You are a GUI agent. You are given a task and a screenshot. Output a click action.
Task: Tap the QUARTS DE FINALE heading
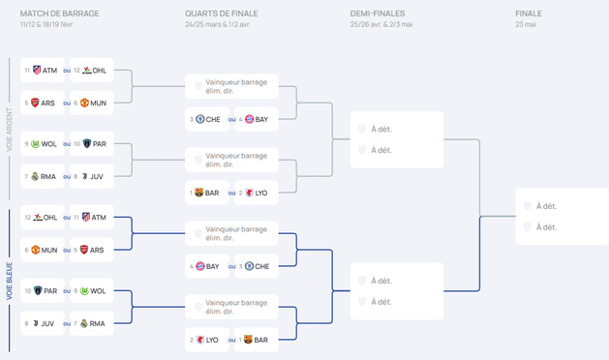tap(222, 14)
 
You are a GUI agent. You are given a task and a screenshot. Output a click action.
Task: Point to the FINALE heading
tap(530, 14)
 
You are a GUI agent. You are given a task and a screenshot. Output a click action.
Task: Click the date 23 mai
tap(527, 24)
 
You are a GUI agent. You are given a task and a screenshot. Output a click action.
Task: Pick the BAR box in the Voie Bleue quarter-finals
tap(255, 340)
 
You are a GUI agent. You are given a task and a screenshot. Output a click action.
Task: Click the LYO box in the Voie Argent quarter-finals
tap(255, 193)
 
